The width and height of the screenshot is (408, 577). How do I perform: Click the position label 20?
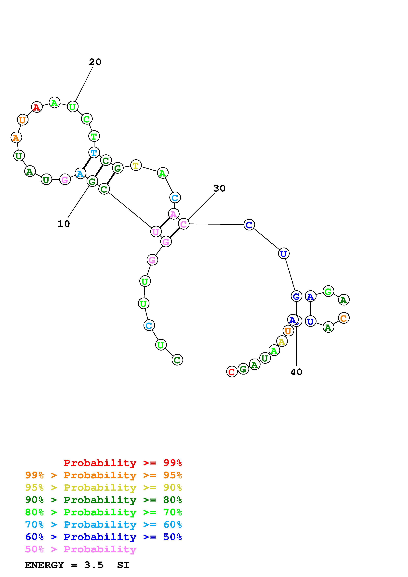click(95, 62)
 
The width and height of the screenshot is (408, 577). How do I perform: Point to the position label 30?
click(219, 188)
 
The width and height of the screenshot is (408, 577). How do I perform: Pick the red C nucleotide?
click(232, 372)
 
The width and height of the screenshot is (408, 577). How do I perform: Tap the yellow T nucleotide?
click(136, 165)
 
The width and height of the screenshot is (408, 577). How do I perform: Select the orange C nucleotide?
click(344, 318)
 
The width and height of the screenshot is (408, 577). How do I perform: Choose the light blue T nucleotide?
click(94, 152)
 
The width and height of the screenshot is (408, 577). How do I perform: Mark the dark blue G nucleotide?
click(296, 296)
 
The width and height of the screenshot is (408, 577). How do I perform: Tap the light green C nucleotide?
click(87, 119)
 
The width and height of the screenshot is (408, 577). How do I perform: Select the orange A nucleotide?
click(16, 138)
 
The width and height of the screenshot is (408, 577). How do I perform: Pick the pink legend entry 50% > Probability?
click(81, 549)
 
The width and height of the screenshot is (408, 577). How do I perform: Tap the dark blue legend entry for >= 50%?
click(104, 537)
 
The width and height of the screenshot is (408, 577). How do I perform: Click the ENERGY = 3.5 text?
click(64, 565)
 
